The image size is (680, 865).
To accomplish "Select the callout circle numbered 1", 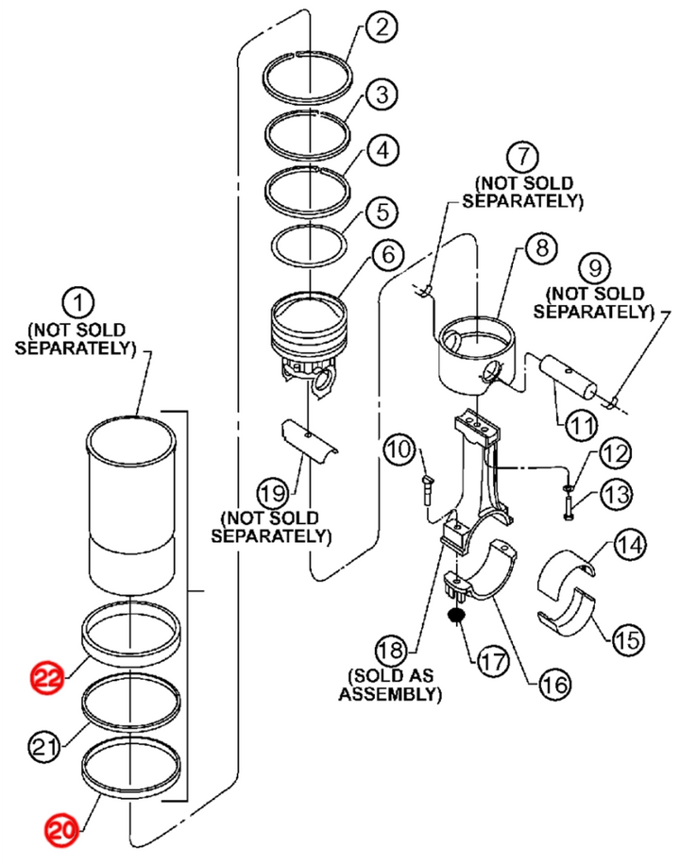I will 79,303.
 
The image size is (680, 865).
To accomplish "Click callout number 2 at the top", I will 382,25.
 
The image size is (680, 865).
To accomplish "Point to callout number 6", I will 388,253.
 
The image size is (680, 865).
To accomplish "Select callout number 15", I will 628,640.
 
